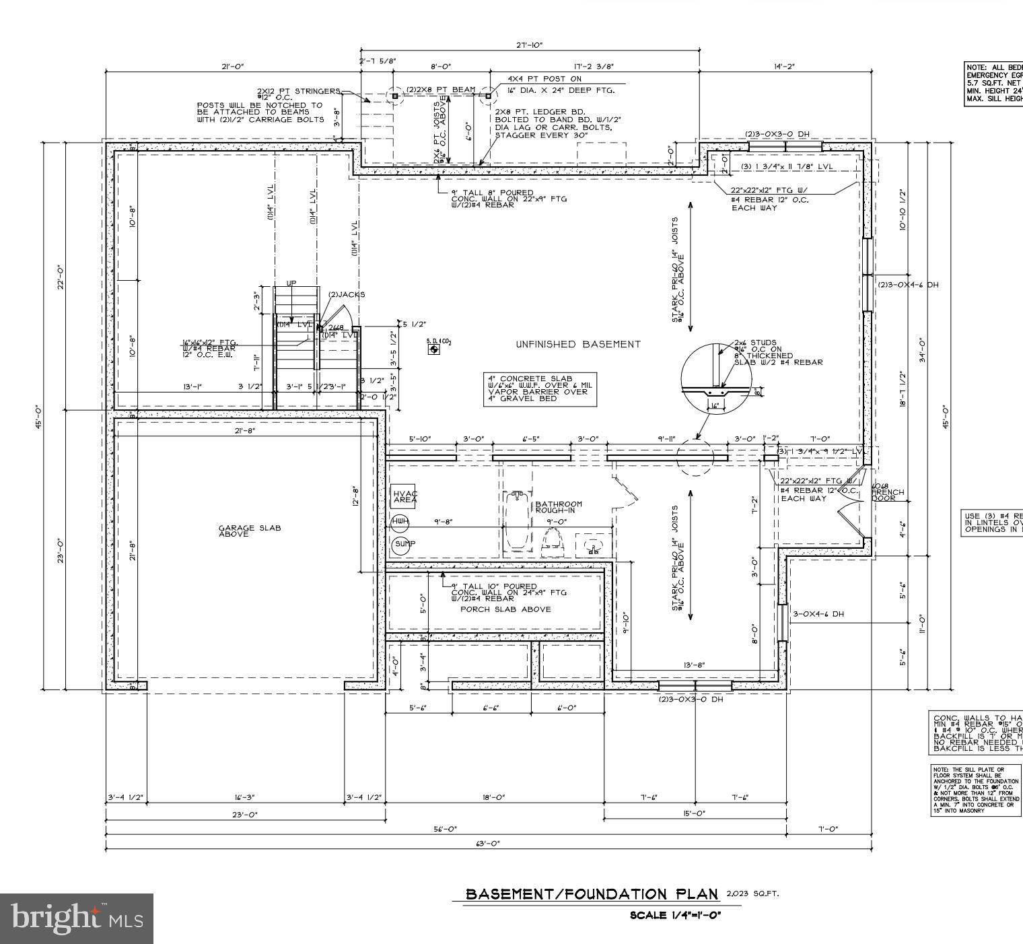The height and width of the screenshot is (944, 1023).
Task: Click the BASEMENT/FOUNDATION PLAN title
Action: click(x=592, y=894)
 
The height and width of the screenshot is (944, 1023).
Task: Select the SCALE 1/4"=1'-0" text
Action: click(x=675, y=915)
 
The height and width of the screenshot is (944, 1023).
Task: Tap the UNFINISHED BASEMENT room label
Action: click(x=578, y=345)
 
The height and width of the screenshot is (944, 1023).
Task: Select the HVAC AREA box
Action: click(x=404, y=497)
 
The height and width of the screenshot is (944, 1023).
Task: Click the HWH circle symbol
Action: click(x=400, y=522)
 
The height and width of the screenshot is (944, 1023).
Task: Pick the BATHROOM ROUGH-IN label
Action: click(x=559, y=507)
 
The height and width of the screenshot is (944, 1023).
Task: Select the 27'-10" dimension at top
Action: click(x=529, y=45)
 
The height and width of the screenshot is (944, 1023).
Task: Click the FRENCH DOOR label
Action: click(x=888, y=496)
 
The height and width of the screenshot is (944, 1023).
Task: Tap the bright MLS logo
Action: click(x=77, y=918)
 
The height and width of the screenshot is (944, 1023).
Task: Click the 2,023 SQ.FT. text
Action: click(x=752, y=894)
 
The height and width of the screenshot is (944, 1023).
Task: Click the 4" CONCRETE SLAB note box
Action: click(x=540, y=389)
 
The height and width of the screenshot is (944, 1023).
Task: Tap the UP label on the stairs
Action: click(x=291, y=283)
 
